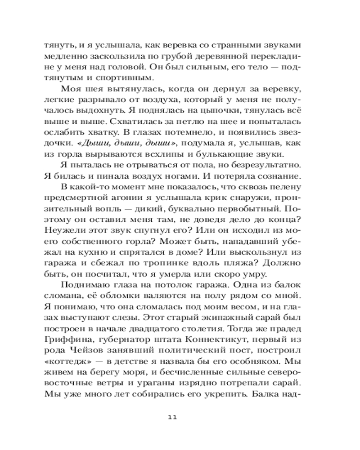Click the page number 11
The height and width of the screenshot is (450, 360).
[172, 417]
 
